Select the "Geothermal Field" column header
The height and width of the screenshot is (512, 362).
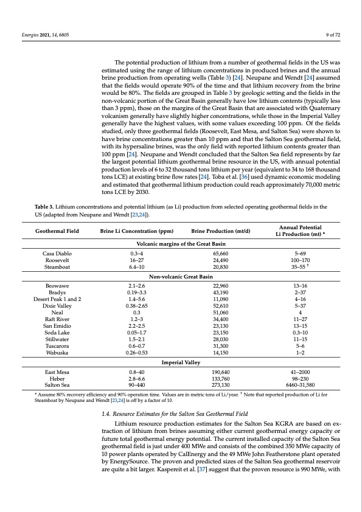coord(58,232)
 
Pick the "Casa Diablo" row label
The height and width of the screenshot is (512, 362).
coord(58,252)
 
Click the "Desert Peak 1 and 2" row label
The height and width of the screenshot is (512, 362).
coord(58,299)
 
